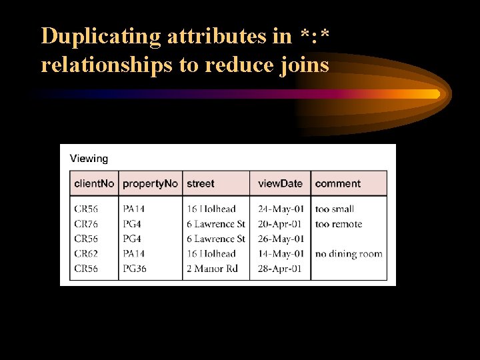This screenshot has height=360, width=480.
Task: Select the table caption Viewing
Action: (x=89, y=159)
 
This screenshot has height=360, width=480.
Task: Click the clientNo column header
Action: (x=94, y=183)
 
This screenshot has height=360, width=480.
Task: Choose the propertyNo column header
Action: (x=150, y=183)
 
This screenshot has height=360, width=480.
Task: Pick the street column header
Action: (x=201, y=183)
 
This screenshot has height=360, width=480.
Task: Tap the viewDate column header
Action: (x=280, y=183)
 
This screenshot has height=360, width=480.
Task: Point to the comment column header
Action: (x=337, y=183)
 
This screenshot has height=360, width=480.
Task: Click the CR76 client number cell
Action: (x=86, y=224)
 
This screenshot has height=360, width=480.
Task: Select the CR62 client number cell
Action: (x=86, y=253)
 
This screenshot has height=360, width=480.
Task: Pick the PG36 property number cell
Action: (x=135, y=269)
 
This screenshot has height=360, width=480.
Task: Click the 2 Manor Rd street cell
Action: (x=212, y=269)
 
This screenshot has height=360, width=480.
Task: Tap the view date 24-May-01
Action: (x=279, y=209)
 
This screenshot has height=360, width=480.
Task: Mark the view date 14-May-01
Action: (x=279, y=253)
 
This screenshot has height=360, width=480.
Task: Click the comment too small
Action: (x=335, y=209)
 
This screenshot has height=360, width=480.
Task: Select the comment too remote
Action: (x=339, y=224)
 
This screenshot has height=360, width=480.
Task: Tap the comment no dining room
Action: (x=349, y=253)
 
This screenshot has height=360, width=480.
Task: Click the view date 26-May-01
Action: (x=279, y=239)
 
